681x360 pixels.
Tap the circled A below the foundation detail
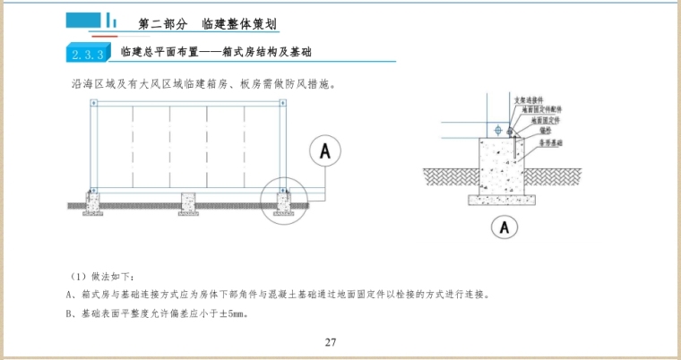tap(505, 227)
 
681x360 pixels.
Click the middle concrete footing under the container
tap(187, 199)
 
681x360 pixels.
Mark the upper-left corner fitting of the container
tap(91, 104)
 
